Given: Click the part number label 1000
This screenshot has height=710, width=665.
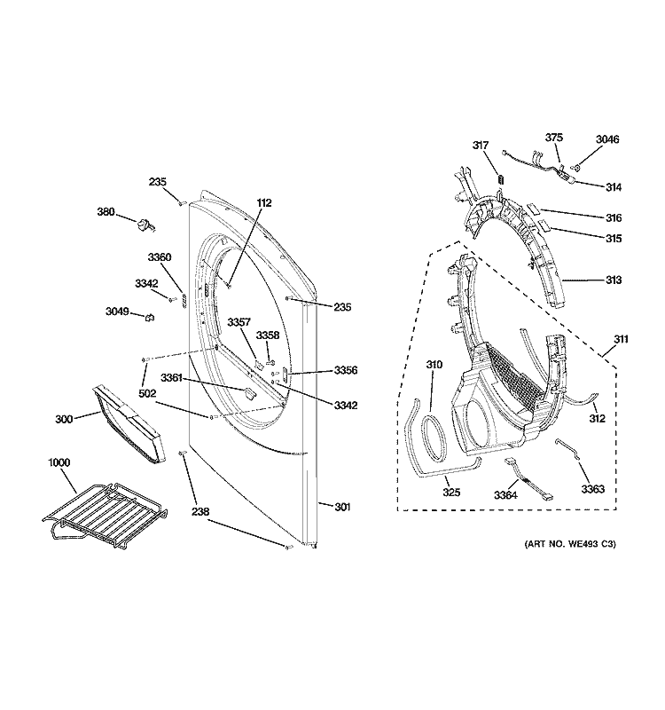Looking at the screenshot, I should click(59, 462).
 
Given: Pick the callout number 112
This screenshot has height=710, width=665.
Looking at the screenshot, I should click(263, 202).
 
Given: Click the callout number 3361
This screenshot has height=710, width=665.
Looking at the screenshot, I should click(173, 379).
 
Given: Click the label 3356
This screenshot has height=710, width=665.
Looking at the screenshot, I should click(345, 370).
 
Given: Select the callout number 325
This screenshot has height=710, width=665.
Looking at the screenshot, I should click(452, 492).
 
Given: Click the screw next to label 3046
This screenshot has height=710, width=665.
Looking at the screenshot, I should click(575, 166).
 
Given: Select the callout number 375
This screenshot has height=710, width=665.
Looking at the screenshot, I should click(553, 138).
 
